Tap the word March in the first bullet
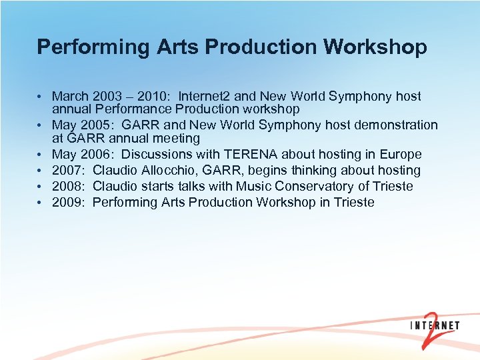point(70,97)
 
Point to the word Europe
point(401,155)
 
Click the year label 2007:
point(69,171)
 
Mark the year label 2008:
point(69,186)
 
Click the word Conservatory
point(308,186)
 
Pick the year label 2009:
point(69,202)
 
